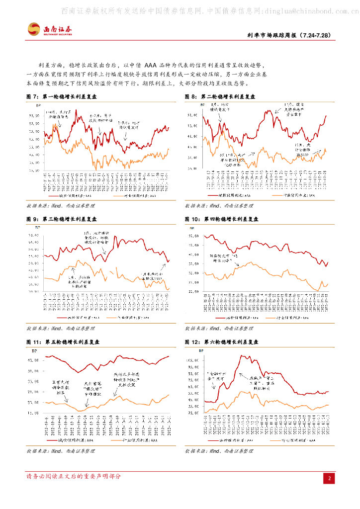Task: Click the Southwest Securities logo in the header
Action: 50,29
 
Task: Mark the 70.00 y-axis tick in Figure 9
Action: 34,235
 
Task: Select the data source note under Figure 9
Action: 60,329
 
